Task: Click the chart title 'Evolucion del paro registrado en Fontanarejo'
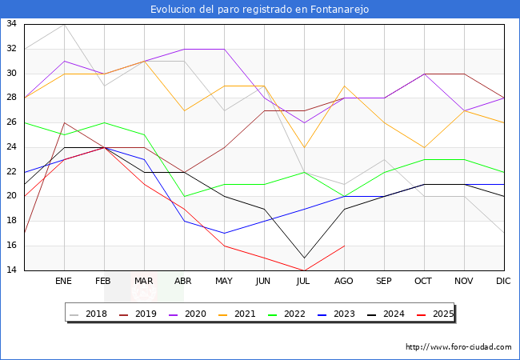tap(260, 10)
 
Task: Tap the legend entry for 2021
tap(244, 314)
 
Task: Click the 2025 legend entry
tap(440, 314)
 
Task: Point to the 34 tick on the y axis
tap(12, 24)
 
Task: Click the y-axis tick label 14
tap(12, 270)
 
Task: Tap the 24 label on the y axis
tap(12, 147)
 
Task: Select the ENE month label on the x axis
tap(64, 282)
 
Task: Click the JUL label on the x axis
tap(304, 282)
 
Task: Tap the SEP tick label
tap(384, 282)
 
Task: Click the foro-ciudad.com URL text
tap(458, 346)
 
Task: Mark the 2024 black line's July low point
tap(304, 258)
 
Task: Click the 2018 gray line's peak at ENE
tap(64, 24)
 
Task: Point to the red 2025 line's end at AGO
tap(344, 246)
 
